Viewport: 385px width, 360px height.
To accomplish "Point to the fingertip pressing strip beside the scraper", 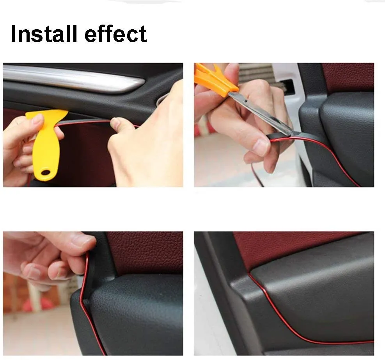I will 116,124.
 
